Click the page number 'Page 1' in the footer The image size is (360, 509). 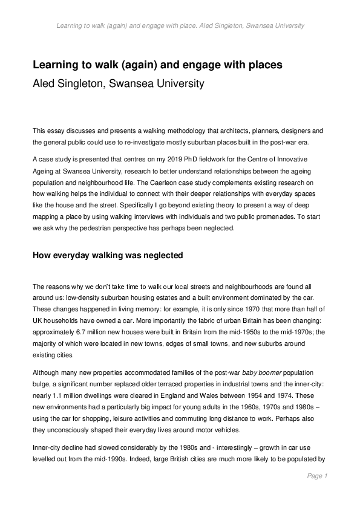click(317, 476)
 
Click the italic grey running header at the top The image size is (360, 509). click(180, 26)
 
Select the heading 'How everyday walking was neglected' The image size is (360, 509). click(107, 256)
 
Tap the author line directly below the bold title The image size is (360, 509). click(118, 84)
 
